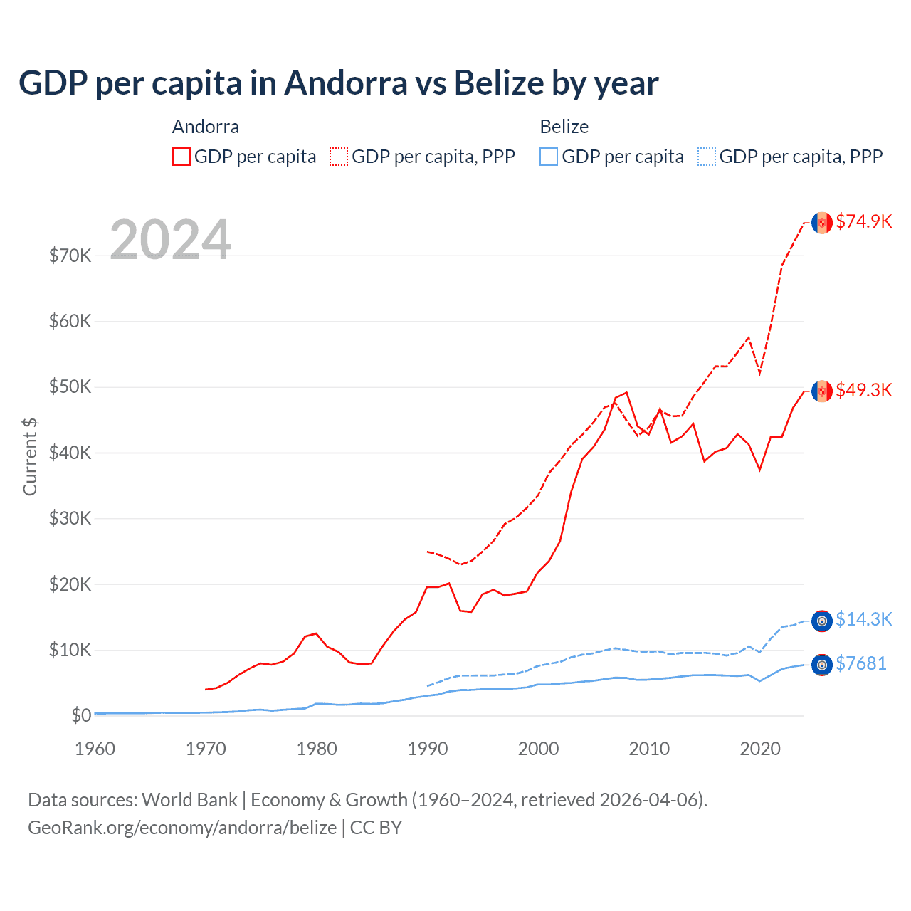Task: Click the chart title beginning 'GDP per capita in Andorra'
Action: [x=338, y=83]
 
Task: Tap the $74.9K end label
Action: [x=863, y=221]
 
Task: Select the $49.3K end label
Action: [x=863, y=390]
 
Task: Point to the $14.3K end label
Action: [x=863, y=619]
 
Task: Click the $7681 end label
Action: [x=860, y=663]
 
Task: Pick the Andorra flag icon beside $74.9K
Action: [x=822, y=223]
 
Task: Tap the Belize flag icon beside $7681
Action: [x=822, y=665]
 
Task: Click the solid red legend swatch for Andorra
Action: [x=181, y=157]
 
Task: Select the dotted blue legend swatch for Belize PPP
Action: [x=707, y=157]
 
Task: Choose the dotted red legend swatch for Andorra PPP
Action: [x=339, y=157]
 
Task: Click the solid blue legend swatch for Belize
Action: [x=549, y=157]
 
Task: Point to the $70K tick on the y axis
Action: [x=70, y=256]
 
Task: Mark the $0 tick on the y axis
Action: [x=81, y=715]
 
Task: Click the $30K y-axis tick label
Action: [x=70, y=518]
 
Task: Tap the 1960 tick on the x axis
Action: [x=95, y=749]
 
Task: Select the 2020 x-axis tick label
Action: [x=760, y=749]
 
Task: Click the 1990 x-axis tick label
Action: [x=428, y=749]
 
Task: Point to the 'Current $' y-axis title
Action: [x=30, y=457]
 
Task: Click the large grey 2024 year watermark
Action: [x=170, y=240]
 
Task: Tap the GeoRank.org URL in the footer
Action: [x=182, y=828]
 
